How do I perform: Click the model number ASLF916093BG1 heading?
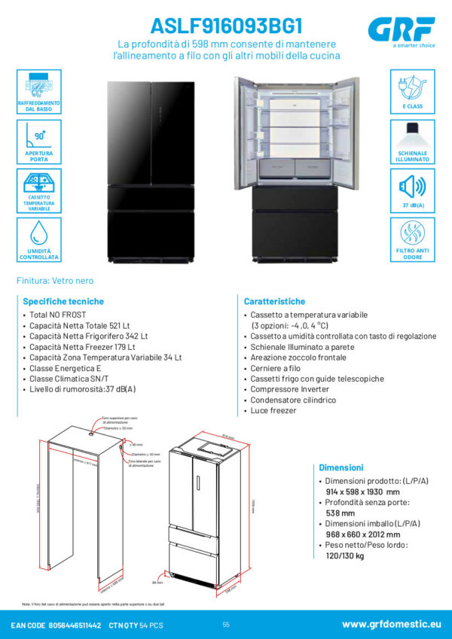tap(226, 26)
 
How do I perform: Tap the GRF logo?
tap(402, 30)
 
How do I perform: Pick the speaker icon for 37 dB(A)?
tap(412, 186)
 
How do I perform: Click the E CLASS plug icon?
tap(412, 85)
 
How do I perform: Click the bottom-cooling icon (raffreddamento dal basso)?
tap(38, 85)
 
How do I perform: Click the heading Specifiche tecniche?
tap(63, 300)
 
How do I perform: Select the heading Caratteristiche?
tap(274, 300)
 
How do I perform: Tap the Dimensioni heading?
tap(341, 467)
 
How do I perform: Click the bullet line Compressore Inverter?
tap(285, 389)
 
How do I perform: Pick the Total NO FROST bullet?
tap(58, 314)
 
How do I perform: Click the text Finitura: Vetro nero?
tap(55, 281)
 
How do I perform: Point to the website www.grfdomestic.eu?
tap(391, 625)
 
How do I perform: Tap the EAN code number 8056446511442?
tap(75, 625)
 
